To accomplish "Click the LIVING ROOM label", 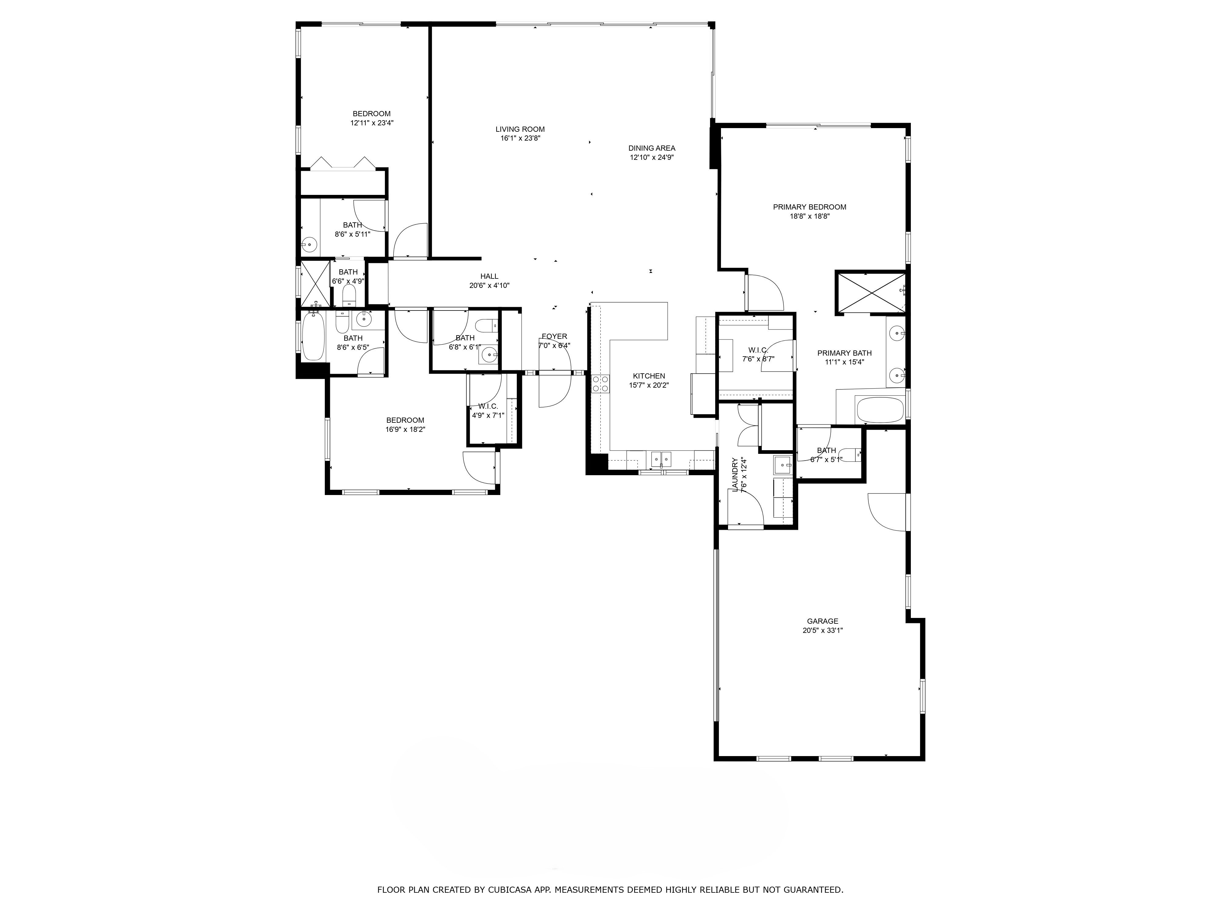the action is point(520,129).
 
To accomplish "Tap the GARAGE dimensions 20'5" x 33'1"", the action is point(822,630).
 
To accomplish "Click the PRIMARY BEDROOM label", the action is point(809,207).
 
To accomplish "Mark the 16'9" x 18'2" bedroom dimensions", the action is point(405,429).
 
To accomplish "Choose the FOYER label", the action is point(554,336).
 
